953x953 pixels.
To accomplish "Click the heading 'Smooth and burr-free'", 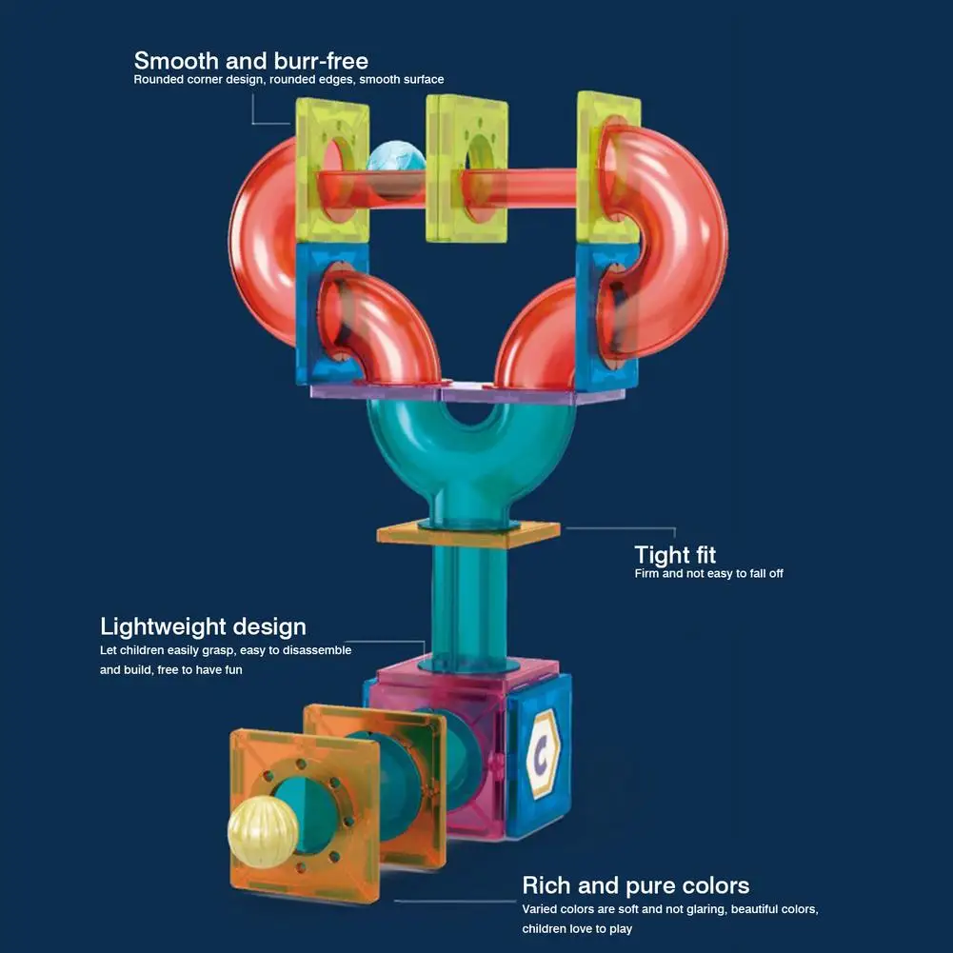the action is click(250, 62).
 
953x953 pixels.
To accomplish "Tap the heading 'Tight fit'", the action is click(675, 554).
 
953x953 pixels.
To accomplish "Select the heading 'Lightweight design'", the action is click(203, 626).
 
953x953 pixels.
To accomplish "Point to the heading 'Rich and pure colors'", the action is click(635, 885).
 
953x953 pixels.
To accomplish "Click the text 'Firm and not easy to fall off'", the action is click(708, 574).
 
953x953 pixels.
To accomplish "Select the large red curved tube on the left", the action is click(262, 238).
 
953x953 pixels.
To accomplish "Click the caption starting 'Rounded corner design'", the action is click(288, 80).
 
